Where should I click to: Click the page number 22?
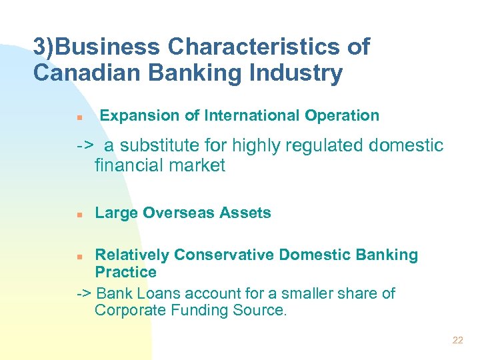457,340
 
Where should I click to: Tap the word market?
197,165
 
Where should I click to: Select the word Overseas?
172,213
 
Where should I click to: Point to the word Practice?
125,272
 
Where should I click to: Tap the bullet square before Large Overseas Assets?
79,215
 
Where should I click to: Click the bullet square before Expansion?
79,117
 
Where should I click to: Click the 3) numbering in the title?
45,47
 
